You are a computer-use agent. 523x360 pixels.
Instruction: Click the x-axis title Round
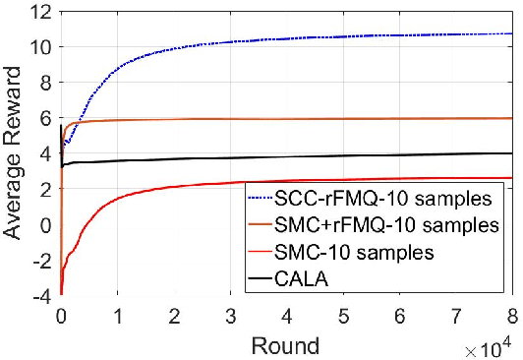[x=286, y=344]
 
